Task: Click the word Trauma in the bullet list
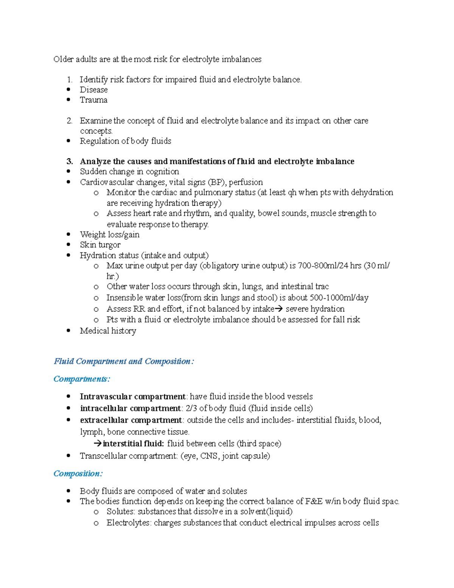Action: coord(93,100)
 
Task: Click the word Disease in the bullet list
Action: coord(93,90)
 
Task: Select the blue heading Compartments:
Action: coord(82,379)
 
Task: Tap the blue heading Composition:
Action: coord(78,474)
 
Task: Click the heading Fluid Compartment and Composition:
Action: coord(124,361)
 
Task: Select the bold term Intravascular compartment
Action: coord(132,396)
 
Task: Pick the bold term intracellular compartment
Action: coord(130,409)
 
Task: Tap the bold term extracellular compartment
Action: coord(131,420)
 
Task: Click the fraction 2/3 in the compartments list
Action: coord(191,409)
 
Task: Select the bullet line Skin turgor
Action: coord(100,245)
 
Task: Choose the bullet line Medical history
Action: coord(108,331)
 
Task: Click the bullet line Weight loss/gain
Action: coord(109,235)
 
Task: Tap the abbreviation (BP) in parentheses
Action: coord(216,182)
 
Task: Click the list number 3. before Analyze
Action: coord(70,162)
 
